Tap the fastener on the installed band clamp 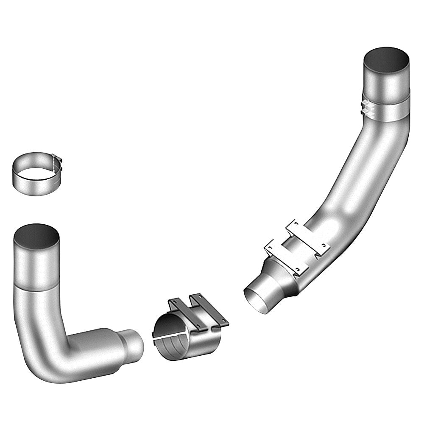tap(365, 108)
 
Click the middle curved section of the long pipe tap(369, 170)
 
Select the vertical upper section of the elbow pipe tap(36, 263)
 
